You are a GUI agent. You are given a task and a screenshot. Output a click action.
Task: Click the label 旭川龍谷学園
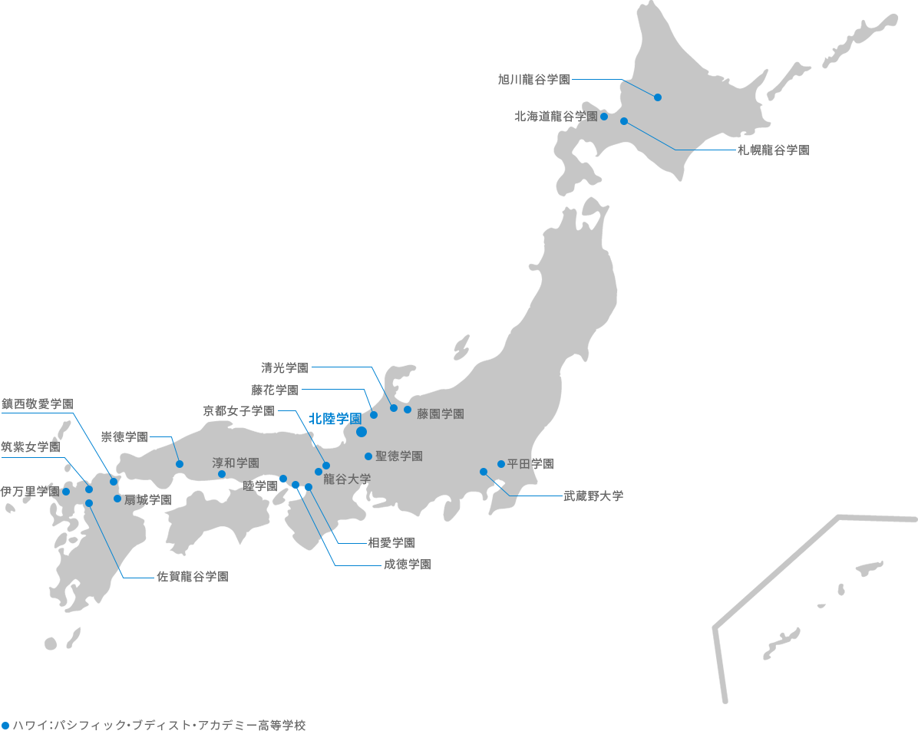(x=533, y=79)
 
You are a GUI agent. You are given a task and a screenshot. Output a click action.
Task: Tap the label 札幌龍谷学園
(x=773, y=150)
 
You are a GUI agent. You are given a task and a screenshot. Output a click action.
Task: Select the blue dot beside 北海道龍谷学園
(x=604, y=117)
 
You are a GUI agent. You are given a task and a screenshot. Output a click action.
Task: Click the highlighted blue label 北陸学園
(x=335, y=419)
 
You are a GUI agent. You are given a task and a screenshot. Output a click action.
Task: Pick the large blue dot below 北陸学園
(x=362, y=433)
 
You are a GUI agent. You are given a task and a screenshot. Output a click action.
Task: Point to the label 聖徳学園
(x=399, y=456)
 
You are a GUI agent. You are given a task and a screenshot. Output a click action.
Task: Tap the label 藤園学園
(x=441, y=414)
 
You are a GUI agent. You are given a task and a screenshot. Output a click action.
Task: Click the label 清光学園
(x=285, y=367)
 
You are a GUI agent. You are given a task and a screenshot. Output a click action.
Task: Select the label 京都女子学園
(x=239, y=410)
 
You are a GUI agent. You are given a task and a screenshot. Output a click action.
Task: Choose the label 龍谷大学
(x=347, y=479)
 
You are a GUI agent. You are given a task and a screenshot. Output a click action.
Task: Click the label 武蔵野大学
(x=593, y=496)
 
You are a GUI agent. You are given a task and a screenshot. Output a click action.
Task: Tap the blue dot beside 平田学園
(x=501, y=463)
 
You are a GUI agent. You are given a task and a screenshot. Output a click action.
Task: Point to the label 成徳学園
(x=407, y=565)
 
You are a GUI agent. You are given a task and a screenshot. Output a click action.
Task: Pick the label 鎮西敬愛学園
(x=38, y=403)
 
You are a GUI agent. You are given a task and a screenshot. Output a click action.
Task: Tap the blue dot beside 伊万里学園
(x=66, y=492)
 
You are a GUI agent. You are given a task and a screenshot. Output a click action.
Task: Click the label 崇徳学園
(x=124, y=436)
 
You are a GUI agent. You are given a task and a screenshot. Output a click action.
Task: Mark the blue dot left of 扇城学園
(x=117, y=499)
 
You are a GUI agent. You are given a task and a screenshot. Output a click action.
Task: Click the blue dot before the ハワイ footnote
(x=6, y=724)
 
